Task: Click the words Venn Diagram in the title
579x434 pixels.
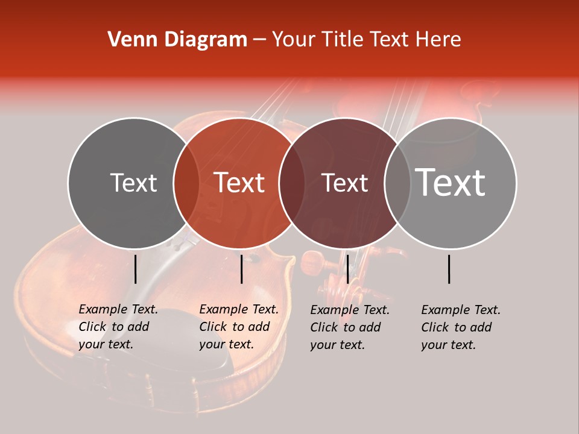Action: pyautogui.click(x=177, y=40)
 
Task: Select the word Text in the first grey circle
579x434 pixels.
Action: pyautogui.click(x=133, y=183)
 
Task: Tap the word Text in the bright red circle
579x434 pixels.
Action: pyautogui.click(x=239, y=183)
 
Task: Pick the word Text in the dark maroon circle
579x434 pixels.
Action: pyautogui.click(x=345, y=183)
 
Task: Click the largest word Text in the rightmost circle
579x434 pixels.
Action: pyautogui.click(x=451, y=182)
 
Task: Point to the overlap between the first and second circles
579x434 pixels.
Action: pyautogui.click(x=186, y=183)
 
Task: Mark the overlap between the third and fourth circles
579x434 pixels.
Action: pyautogui.click(x=397, y=183)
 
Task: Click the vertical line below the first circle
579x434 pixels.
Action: pyautogui.click(x=135, y=269)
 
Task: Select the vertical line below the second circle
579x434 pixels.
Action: pyautogui.click(x=241, y=269)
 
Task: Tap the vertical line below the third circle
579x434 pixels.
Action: pyautogui.click(x=347, y=269)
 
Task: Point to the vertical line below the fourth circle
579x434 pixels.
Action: pyautogui.click(x=449, y=269)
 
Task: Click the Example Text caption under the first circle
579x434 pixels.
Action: pyautogui.click(x=118, y=327)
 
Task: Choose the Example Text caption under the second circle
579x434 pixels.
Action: pyautogui.click(x=238, y=327)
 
